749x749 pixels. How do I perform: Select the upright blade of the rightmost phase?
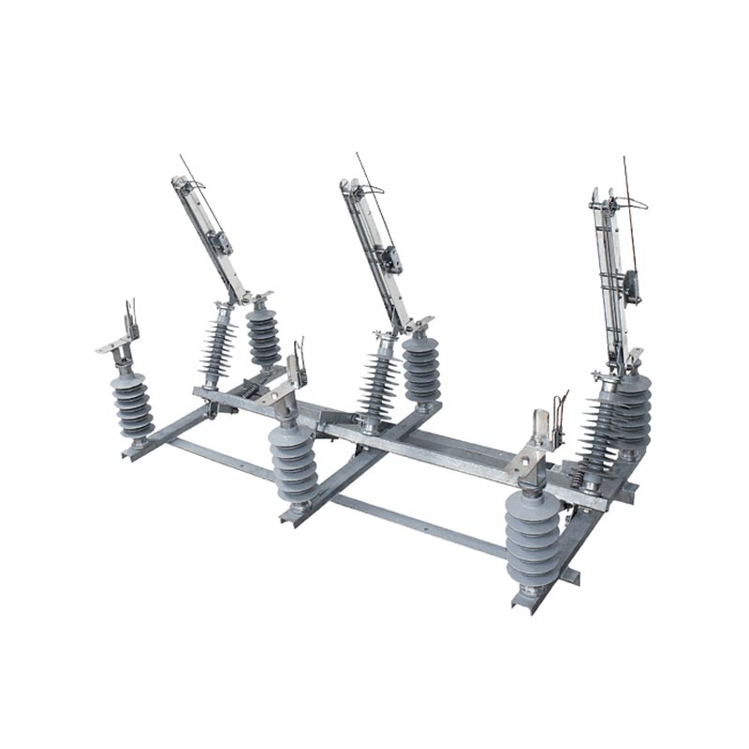[x=610, y=272]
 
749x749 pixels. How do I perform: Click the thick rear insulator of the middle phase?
[x=421, y=369]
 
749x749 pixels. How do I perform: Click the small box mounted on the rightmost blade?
[x=633, y=285]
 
